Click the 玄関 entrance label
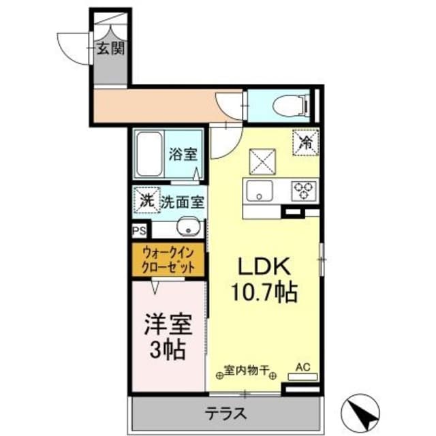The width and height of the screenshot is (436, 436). coord(110,49)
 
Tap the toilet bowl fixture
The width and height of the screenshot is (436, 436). coord(291,106)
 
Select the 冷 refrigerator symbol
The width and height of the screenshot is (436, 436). coord(306,142)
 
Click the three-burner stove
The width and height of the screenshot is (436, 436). coord(304,191)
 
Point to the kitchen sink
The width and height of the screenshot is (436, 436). coord(259,191)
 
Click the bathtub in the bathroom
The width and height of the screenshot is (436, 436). coord(149,154)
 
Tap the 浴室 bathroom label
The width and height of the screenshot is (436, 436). coord(183,154)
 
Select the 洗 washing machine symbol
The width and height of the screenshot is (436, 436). coord(147,200)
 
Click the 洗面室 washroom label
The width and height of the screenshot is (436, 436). coord(183,202)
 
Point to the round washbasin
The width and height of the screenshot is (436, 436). coord(189,227)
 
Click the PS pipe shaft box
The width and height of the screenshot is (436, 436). coord(139,231)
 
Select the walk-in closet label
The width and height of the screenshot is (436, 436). coord(168,260)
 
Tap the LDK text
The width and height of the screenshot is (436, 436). coord(264,266)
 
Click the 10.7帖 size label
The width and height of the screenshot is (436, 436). coord(264,292)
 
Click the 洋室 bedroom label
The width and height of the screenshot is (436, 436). coord(168,324)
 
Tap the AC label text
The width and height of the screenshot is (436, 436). coord(302,367)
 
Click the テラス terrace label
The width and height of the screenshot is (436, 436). coord(225,414)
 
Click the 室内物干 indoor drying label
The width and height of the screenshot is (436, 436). coord(247,370)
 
